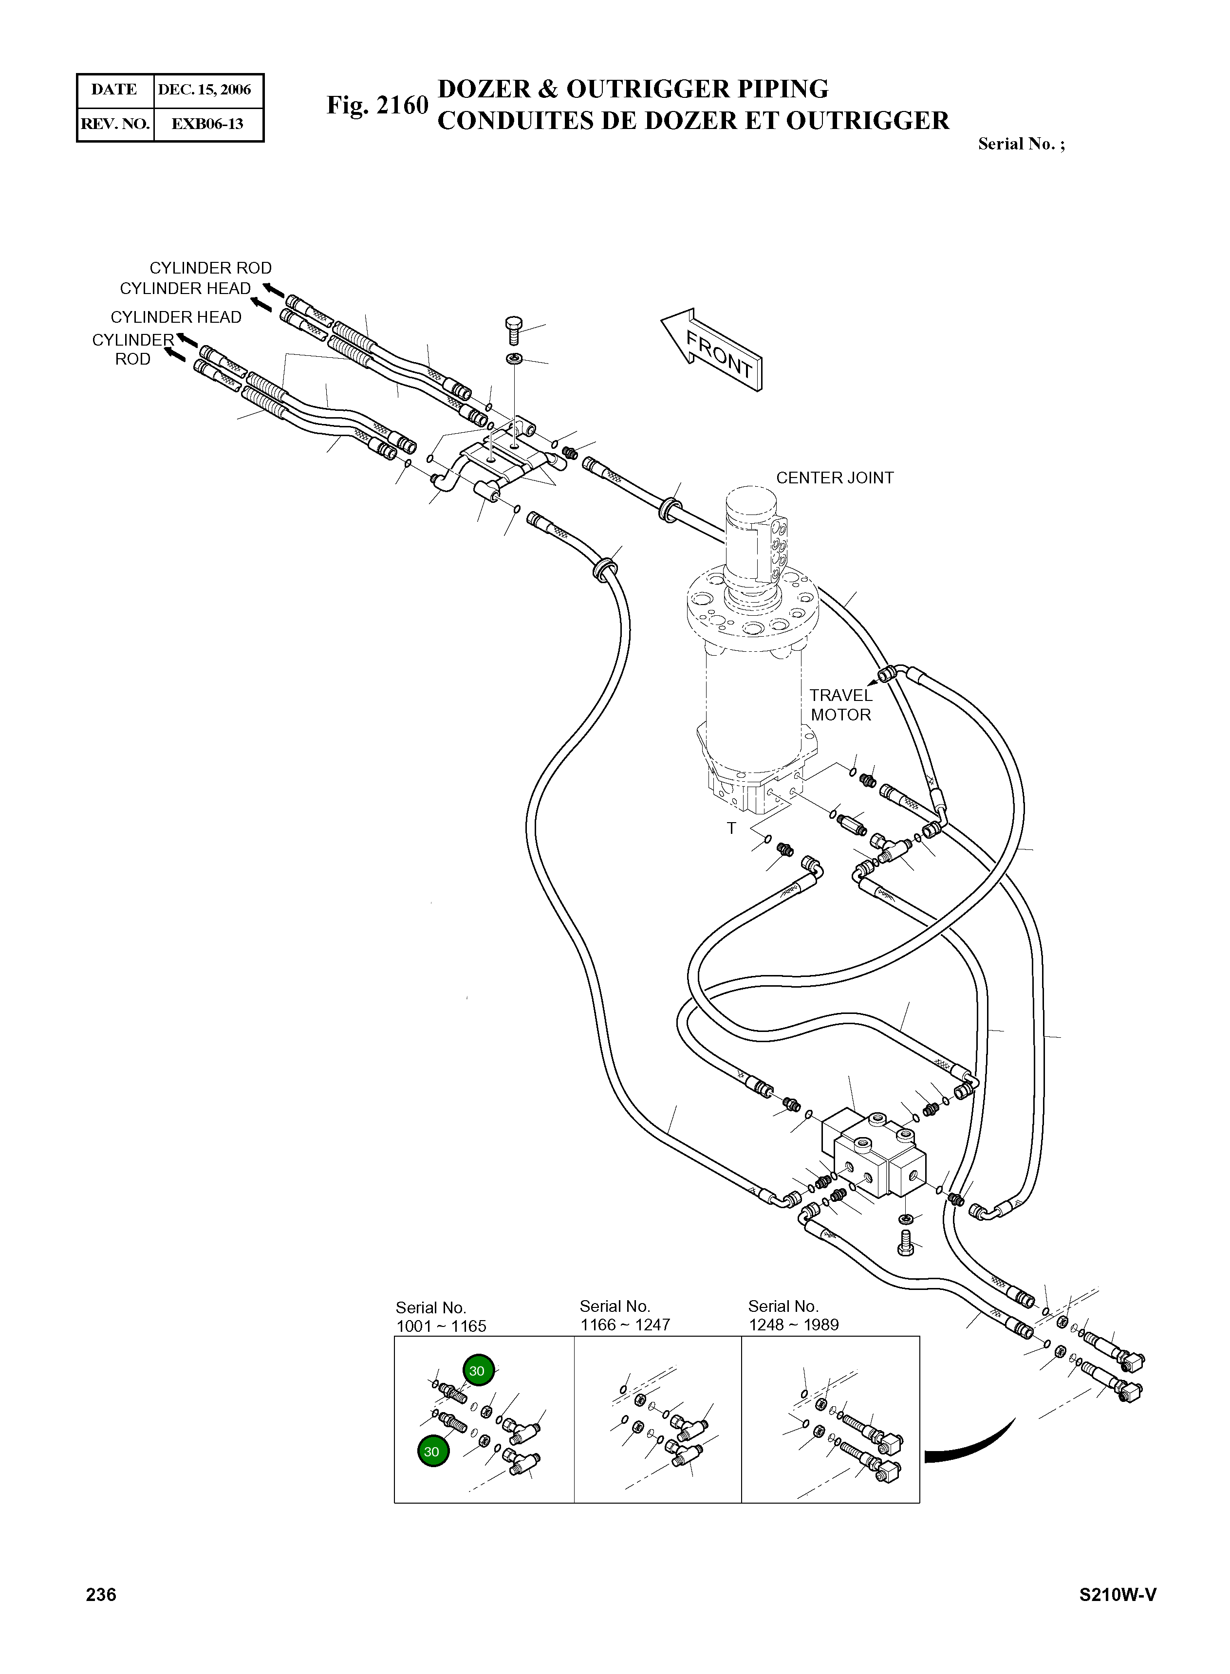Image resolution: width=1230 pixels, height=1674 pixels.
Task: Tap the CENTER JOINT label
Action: [x=835, y=478]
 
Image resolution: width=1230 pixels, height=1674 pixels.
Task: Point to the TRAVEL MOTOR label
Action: [x=840, y=705]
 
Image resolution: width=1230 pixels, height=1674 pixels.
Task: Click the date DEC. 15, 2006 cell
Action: [x=204, y=90]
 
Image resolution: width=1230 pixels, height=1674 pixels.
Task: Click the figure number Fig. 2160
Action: [x=377, y=106]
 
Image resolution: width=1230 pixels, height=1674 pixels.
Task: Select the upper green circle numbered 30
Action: [x=478, y=1370]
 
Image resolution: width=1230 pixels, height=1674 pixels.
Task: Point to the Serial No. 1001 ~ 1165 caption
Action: [x=441, y=1317]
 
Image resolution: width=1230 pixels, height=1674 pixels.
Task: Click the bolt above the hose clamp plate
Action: [x=514, y=329]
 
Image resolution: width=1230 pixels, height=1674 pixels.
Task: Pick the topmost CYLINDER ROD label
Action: [x=211, y=268]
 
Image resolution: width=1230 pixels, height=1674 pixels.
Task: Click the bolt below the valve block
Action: [x=906, y=1240]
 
